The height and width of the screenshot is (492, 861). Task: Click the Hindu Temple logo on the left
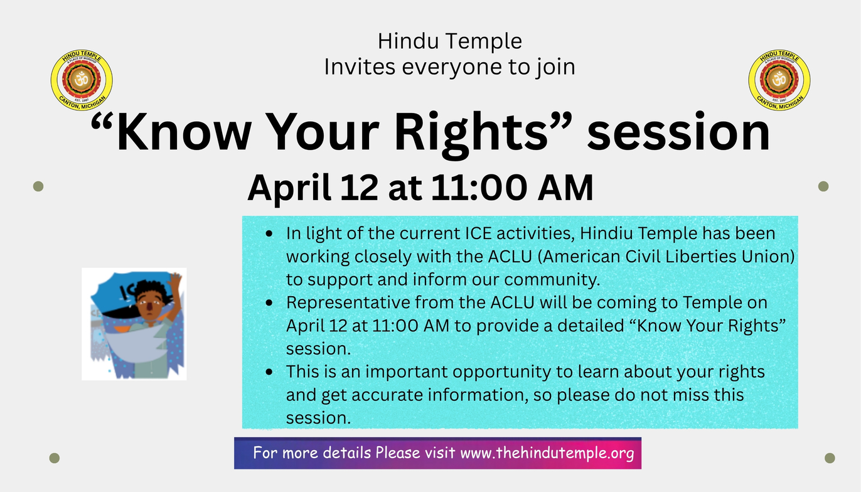click(x=82, y=80)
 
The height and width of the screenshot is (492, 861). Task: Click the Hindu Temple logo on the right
click(x=779, y=80)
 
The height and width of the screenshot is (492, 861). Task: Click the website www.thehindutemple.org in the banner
click(x=547, y=453)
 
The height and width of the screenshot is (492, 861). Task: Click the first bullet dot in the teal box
click(x=269, y=233)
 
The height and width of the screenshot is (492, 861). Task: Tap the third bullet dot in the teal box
click(x=269, y=372)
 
